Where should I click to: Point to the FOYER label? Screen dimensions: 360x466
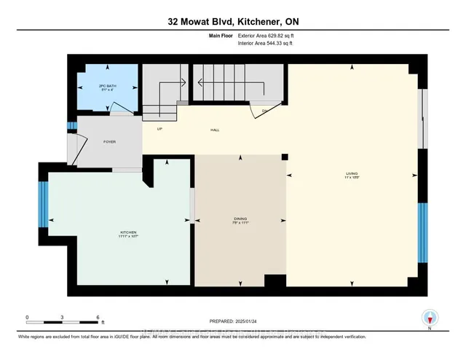pos(109,141)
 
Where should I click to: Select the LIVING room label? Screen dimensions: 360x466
pos(352,174)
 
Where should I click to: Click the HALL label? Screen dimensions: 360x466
pos(216,130)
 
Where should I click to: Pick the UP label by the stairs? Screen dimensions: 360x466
pos(159,129)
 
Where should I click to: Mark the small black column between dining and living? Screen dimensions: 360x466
pos(285,157)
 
